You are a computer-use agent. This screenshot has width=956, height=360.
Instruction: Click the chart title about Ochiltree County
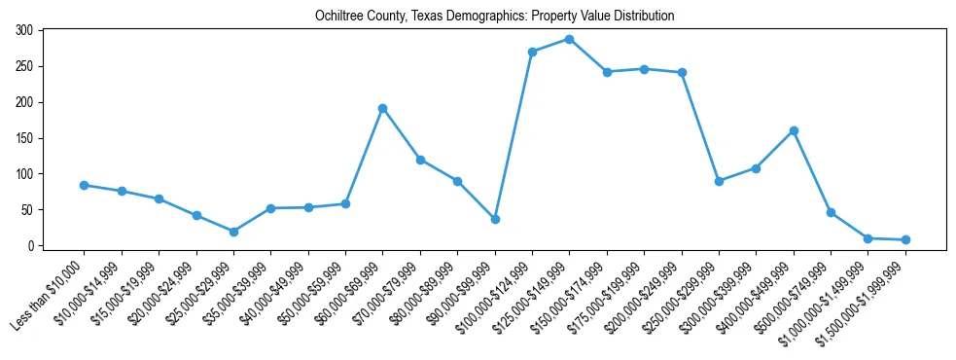(495, 17)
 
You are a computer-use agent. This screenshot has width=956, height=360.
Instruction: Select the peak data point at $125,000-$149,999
(569, 39)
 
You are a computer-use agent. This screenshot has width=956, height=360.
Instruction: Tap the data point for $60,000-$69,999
(382, 108)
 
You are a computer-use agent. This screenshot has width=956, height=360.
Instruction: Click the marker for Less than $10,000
(84, 185)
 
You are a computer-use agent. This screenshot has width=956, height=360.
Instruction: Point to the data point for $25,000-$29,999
(233, 232)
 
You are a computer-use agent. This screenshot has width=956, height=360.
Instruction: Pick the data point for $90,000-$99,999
(495, 219)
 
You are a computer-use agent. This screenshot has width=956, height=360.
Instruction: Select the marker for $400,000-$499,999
(794, 130)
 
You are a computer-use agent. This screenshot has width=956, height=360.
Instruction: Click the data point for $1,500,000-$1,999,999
(905, 239)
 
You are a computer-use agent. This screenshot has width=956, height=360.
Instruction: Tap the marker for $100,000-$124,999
(532, 52)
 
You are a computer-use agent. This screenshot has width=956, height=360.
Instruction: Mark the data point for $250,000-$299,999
(719, 181)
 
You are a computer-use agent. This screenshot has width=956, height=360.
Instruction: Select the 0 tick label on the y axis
(31, 246)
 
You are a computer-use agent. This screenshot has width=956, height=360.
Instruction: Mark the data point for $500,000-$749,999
(831, 212)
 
